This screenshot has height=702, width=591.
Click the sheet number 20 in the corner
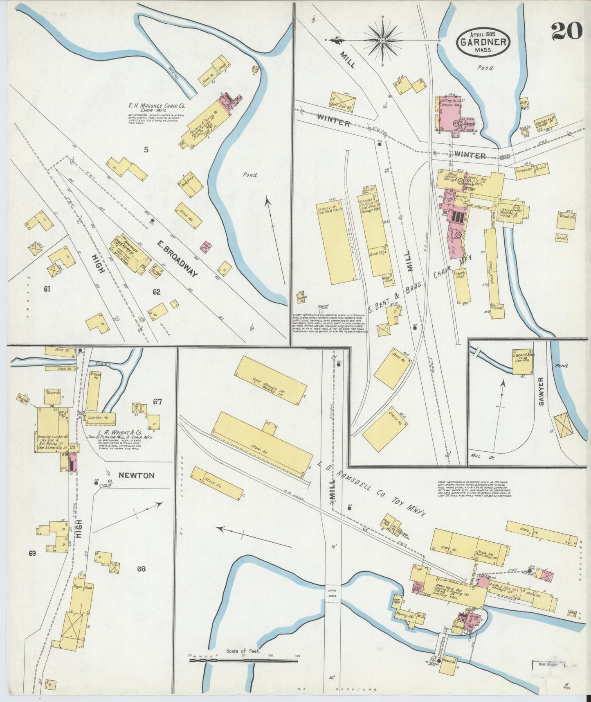[566, 31]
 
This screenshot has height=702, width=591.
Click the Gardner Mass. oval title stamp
[483, 42]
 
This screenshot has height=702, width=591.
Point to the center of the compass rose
[383, 41]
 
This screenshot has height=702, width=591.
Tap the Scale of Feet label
[243, 651]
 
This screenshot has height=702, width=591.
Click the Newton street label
[136, 476]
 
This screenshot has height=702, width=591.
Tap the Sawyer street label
[542, 391]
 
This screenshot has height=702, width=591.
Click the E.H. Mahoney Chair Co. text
[156, 107]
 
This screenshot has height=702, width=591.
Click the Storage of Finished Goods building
[336, 241]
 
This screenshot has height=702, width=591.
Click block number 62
[157, 292]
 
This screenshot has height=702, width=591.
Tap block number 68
[141, 569]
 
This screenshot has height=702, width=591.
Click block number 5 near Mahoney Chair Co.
[146, 150]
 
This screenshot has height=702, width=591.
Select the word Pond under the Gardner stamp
[485, 68]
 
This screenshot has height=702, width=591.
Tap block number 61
[47, 289]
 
